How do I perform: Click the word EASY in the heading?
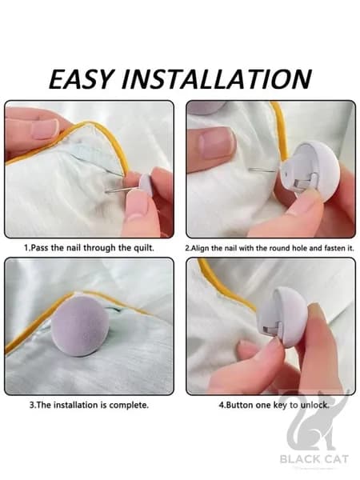click(x=82, y=79)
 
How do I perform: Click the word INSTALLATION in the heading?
click(x=217, y=79)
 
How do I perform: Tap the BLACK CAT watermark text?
click(x=314, y=459)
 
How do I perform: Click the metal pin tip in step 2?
click(x=250, y=169)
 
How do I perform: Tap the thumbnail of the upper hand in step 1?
click(x=45, y=130)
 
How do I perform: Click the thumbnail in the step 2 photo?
click(x=216, y=142)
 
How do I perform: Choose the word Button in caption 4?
click(x=239, y=405)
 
